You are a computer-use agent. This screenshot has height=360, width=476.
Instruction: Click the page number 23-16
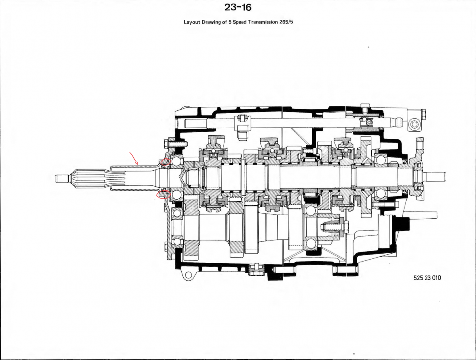(238, 8)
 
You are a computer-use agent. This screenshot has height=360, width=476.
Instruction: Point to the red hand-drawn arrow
(134, 159)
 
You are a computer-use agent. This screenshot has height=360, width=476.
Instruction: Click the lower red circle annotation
(164, 194)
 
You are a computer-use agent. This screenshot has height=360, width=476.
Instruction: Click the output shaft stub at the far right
(436, 175)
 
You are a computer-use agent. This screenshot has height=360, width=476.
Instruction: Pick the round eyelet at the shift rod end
(414, 125)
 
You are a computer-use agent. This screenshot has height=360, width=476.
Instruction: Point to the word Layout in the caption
(192, 22)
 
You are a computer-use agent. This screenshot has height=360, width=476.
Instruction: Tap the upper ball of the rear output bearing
(382, 160)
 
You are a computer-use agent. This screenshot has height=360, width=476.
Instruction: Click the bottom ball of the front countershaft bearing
(177, 241)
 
